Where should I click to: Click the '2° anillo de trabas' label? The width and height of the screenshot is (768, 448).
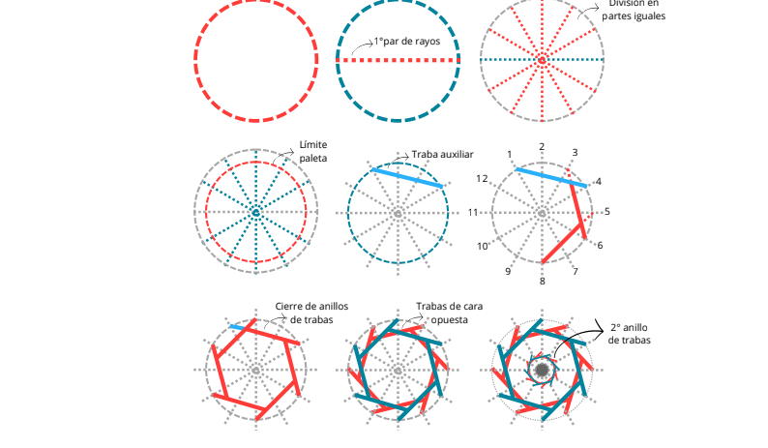point(630,334)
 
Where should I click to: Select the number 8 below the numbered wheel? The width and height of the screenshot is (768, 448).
point(542,281)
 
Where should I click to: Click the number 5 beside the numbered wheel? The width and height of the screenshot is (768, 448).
point(606,212)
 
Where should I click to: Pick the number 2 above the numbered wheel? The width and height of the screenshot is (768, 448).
point(542,146)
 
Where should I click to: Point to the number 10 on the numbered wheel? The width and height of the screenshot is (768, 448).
point(483,246)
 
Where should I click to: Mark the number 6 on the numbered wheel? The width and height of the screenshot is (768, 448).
point(600,246)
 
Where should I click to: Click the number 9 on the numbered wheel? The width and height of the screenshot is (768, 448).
point(508,272)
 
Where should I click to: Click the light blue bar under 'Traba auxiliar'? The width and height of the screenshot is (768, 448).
point(406,176)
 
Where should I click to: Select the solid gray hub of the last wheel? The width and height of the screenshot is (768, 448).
point(542,371)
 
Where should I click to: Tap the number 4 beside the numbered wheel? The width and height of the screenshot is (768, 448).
point(599,181)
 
